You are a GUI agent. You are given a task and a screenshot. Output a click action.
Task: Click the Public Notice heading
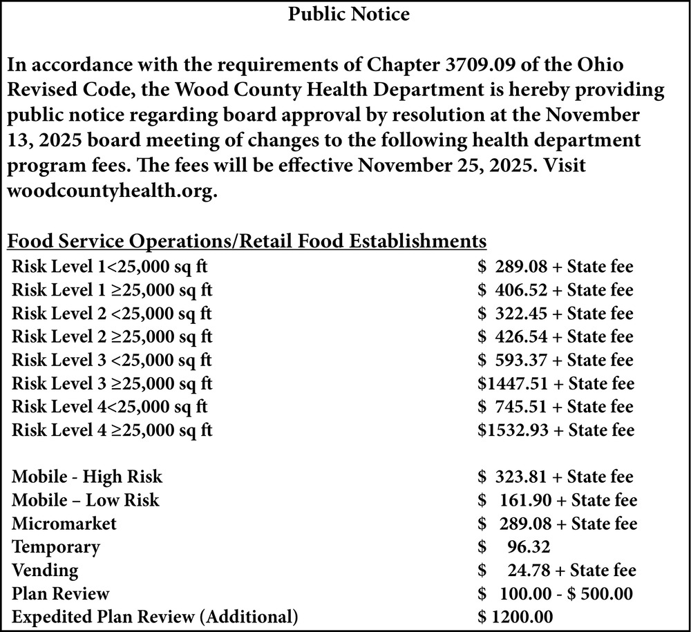tap(349, 15)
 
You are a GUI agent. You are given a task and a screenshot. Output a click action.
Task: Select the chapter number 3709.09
tap(480, 66)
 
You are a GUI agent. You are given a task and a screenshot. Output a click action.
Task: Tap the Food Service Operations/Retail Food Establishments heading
tap(247, 242)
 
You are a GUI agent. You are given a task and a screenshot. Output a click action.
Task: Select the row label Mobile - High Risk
tap(87, 477)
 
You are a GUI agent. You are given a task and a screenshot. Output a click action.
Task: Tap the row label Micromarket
tap(64, 524)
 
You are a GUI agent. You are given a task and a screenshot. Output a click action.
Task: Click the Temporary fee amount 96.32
tap(529, 547)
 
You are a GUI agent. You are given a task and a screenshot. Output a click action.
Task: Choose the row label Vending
tap(45, 571)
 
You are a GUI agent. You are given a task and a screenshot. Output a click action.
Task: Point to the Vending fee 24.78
tap(529, 571)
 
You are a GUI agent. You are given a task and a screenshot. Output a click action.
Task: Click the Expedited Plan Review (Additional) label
tap(155, 617)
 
